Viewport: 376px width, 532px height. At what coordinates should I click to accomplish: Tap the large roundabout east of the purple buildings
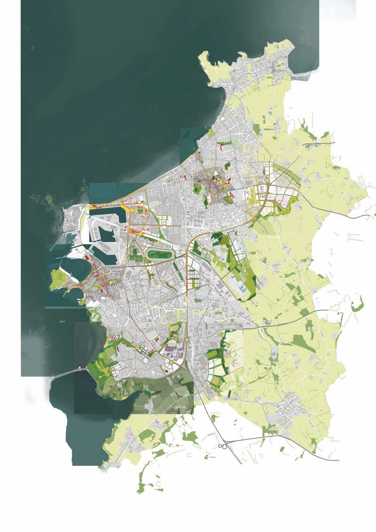point(187,340)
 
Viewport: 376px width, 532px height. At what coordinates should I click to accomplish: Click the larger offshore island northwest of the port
point(47,200)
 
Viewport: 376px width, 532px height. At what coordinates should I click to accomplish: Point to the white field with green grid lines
point(194,275)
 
